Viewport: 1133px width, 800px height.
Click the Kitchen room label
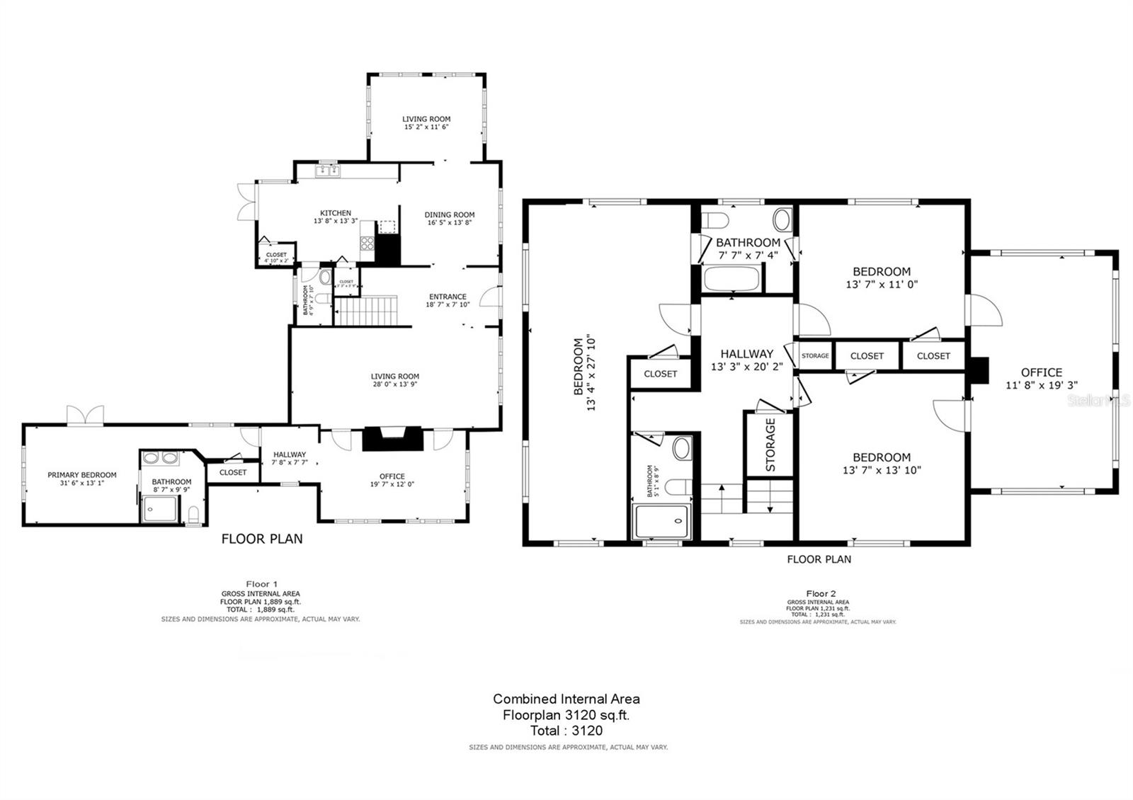coord(336,217)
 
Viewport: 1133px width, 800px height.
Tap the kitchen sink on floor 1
coord(327,170)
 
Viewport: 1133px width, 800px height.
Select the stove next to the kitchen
coord(368,244)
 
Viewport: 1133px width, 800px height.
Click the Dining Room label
coord(450,218)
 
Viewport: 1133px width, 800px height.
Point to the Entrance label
coord(448,300)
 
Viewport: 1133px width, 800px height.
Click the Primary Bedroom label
coord(82,479)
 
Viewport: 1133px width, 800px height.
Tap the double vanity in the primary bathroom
coord(161,458)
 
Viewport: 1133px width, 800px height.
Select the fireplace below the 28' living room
coord(393,439)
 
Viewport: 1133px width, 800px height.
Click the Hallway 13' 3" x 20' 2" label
coord(746,360)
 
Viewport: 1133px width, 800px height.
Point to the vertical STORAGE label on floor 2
coord(770,445)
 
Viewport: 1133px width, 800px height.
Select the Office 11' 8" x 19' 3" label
coord(1041,378)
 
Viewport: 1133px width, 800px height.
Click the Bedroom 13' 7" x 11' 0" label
coord(882,277)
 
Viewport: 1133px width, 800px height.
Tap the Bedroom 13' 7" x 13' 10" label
coord(882,463)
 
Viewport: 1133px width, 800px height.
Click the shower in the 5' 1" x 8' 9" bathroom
coord(661,522)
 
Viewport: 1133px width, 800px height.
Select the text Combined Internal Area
coord(566,699)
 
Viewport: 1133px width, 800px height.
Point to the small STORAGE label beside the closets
coord(815,355)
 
